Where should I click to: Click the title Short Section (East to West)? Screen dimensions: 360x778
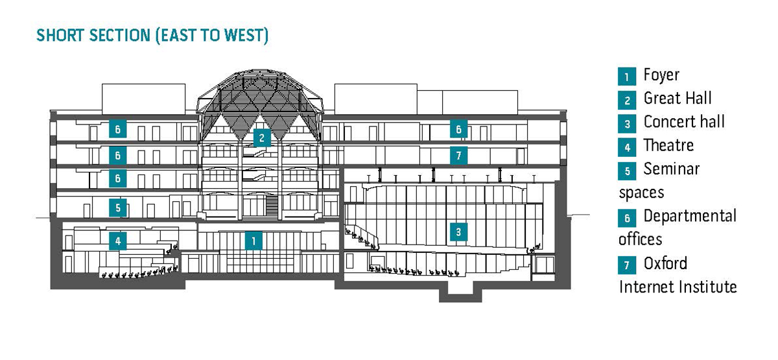[x=152, y=36]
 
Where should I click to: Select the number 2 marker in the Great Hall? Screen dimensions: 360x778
[x=261, y=138]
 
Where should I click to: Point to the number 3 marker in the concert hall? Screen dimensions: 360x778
[x=458, y=232]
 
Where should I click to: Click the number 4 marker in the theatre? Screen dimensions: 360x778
[x=117, y=241]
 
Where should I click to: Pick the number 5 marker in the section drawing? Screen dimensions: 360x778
[x=117, y=208]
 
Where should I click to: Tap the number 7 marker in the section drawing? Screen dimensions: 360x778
[x=458, y=155]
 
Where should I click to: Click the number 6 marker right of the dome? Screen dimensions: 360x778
[x=458, y=130]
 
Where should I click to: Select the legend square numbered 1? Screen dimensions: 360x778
[x=627, y=77]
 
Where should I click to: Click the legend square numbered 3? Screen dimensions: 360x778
[x=627, y=123]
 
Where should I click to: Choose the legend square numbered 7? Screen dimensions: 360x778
[x=627, y=265]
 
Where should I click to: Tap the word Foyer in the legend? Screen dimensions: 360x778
[x=661, y=75]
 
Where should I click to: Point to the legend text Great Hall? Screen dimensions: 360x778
[x=678, y=99]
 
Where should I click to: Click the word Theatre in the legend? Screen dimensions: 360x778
[x=668, y=146]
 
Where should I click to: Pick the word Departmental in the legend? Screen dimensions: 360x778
[x=690, y=217]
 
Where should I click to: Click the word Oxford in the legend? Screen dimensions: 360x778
[x=665, y=264]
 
